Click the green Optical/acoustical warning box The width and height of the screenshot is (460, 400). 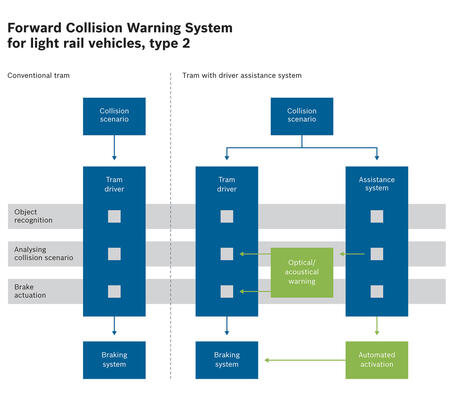click(x=302, y=272)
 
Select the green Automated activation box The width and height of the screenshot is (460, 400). click(x=377, y=360)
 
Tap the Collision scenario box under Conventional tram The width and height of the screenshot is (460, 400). click(x=114, y=116)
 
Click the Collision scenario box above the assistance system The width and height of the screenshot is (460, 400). click(x=302, y=116)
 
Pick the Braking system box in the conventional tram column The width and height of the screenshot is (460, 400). click(x=114, y=360)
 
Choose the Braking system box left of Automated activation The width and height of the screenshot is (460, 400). click(x=227, y=360)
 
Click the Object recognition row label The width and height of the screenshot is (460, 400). click(x=33, y=216)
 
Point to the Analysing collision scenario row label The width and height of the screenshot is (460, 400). click(x=44, y=254)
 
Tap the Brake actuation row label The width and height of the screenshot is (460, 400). click(x=30, y=291)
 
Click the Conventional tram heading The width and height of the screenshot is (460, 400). click(x=39, y=75)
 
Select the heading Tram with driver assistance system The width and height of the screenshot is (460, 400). click(x=242, y=75)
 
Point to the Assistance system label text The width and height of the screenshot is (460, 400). click(x=377, y=184)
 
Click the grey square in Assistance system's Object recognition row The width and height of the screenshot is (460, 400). click(x=377, y=216)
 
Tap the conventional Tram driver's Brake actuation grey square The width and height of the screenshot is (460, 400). click(x=114, y=291)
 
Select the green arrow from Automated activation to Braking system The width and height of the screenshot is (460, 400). click(x=305, y=360)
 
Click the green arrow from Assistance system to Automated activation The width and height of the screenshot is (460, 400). click(x=377, y=326)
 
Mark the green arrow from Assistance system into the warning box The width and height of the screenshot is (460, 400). click(x=352, y=254)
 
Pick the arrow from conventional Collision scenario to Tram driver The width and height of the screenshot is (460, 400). click(x=114, y=147)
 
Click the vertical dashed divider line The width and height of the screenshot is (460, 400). click(x=170, y=226)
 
